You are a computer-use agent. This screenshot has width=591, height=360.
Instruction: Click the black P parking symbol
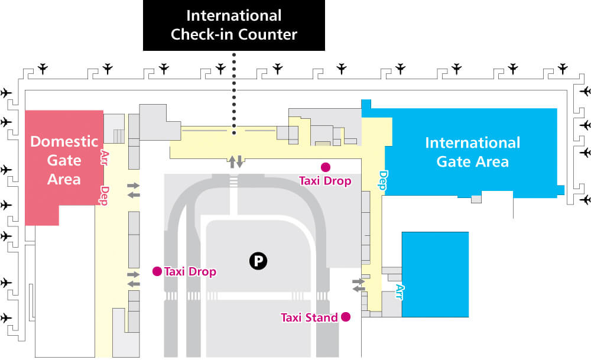tap(258, 261)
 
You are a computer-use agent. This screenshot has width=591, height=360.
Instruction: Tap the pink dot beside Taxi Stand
tap(346, 317)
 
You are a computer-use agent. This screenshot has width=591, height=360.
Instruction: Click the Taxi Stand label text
tap(309, 318)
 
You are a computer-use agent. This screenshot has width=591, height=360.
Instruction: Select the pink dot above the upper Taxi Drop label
tap(325, 167)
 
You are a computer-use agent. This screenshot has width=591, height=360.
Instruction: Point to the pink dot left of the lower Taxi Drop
tap(157, 271)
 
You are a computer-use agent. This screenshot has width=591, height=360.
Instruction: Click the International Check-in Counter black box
tap(233, 25)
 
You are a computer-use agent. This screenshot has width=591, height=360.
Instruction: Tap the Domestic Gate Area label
tap(64, 160)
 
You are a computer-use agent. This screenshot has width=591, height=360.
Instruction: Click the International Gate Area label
tap(473, 153)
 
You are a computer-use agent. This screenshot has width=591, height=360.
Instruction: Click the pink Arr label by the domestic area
tap(105, 158)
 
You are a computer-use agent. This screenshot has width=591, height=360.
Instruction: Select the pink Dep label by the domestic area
tap(105, 195)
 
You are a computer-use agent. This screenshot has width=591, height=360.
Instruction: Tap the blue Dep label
tap(383, 180)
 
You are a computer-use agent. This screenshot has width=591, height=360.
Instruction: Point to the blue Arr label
tap(399, 292)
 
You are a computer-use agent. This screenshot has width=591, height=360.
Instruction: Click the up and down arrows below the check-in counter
tap(235, 162)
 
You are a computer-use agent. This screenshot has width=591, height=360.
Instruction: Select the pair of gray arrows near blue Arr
tap(359, 285)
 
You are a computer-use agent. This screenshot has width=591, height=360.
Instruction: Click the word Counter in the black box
tap(268, 35)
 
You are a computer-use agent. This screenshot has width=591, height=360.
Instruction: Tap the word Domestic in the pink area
tap(64, 141)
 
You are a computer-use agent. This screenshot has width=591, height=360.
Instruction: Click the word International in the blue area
tap(473, 143)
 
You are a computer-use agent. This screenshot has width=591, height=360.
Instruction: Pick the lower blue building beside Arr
tap(435, 274)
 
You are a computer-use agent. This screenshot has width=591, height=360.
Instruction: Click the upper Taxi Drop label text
tap(325, 181)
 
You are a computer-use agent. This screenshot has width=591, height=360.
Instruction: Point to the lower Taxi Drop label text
tap(190, 271)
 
